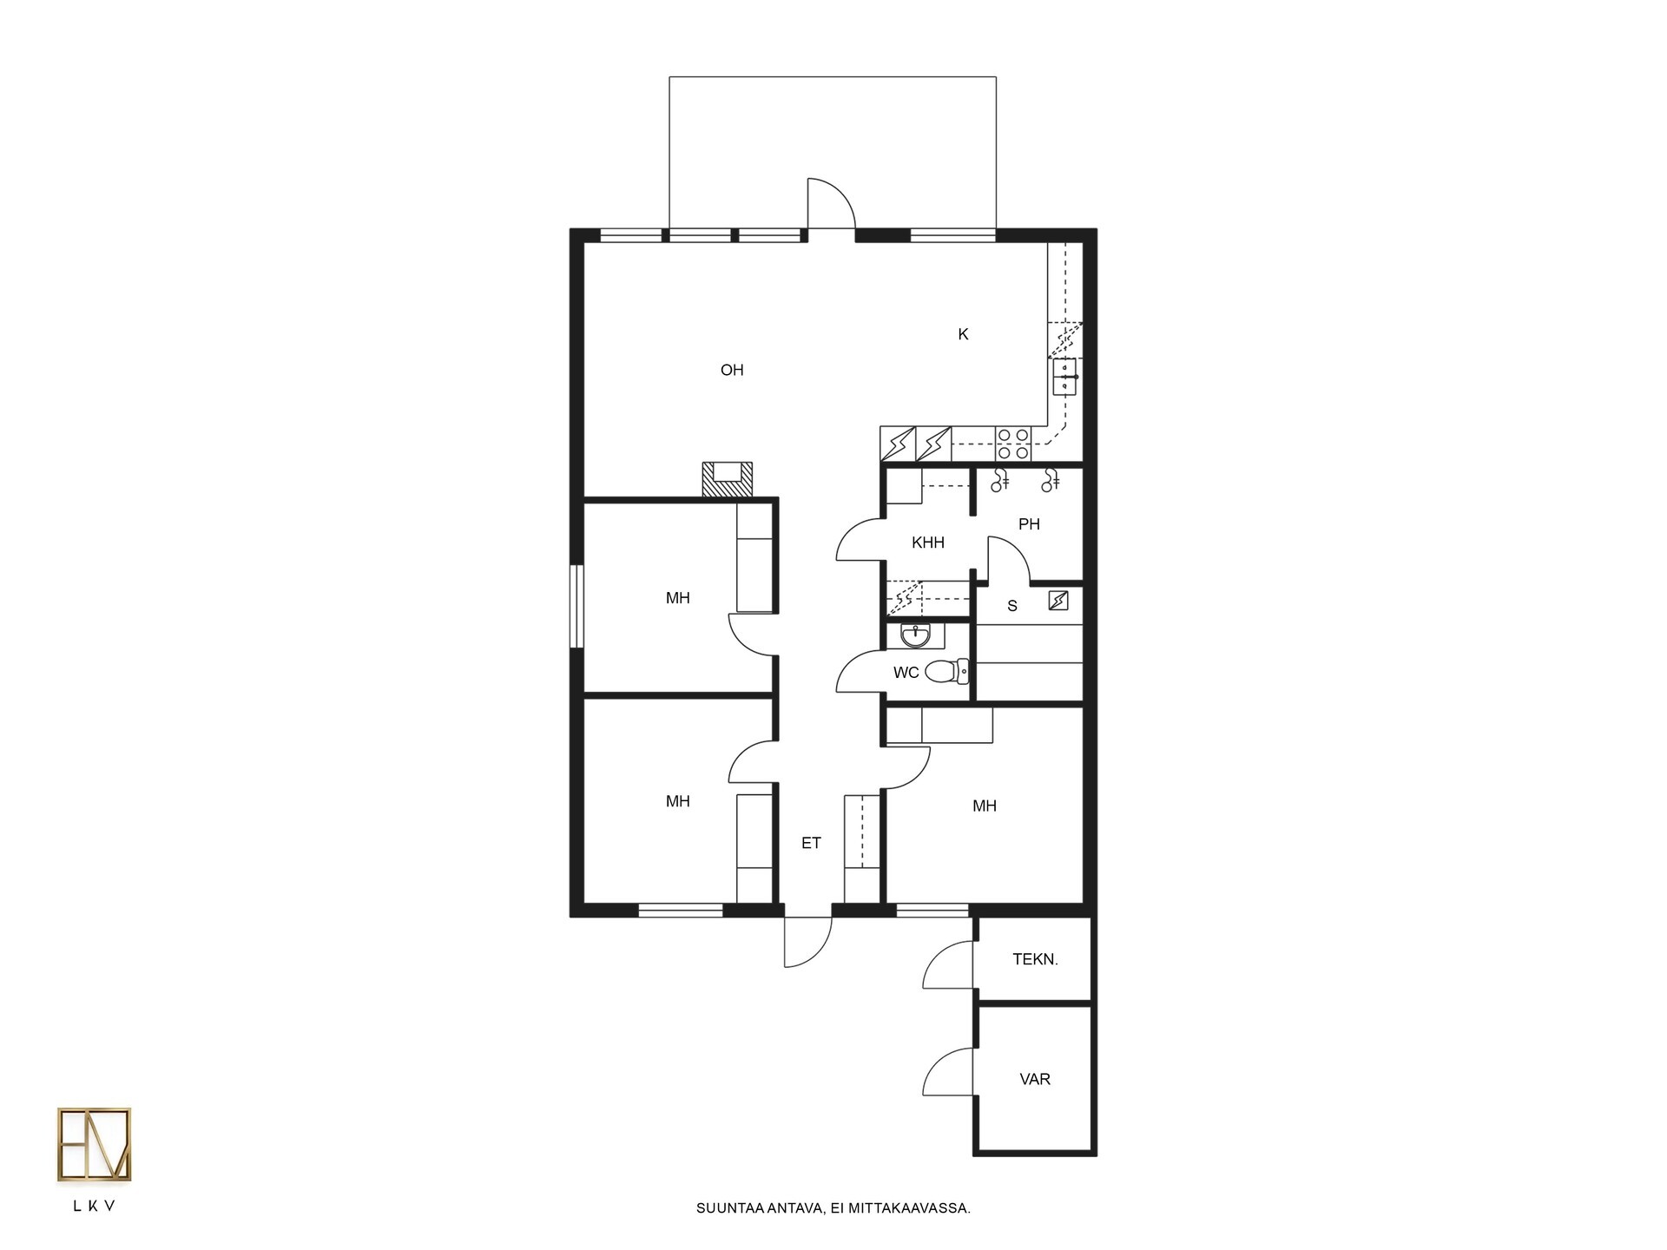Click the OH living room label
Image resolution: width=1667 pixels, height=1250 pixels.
pyautogui.click(x=732, y=370)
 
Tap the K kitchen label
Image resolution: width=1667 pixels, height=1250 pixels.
pyautogui.click(x=963, y=334)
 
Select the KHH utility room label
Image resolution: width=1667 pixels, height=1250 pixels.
pyautogui.click(x=928, y=543)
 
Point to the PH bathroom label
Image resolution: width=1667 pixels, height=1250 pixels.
pyautogui.click(x=1029, y=524)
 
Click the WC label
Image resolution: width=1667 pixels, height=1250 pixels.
pyautogui.click(x=906, y=673)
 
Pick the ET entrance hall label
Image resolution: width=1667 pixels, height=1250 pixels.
pyautogui.click(x=811, y=843)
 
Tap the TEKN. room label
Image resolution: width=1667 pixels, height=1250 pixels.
pyautogui.click(x=1035, y=959)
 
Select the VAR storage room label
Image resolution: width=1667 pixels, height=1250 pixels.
pyautogui.click(x=1035, y=1079)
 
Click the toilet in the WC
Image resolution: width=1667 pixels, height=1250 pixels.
pyautogui.click(x=947, y=671)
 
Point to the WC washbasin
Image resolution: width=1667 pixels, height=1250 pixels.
pyautogui.click(x=915, y=636)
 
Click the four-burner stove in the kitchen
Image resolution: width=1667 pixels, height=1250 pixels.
pyautogui.click(x=1013, y=444)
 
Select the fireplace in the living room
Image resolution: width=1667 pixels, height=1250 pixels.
pyautogui.click(x=727, y=479)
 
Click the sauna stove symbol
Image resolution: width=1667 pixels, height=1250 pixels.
pyautogui.click(x=1058, y=600)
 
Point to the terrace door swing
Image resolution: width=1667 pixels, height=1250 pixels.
pyautogui.click(x=831, y=203)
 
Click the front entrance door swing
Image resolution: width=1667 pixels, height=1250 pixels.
pyautogui.click(x=808, y=942)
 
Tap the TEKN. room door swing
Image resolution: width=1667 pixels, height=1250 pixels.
pyautogui.click(x=948, y=964)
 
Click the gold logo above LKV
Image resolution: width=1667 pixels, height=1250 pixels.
pyautogui.click(x=94, y=1144)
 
